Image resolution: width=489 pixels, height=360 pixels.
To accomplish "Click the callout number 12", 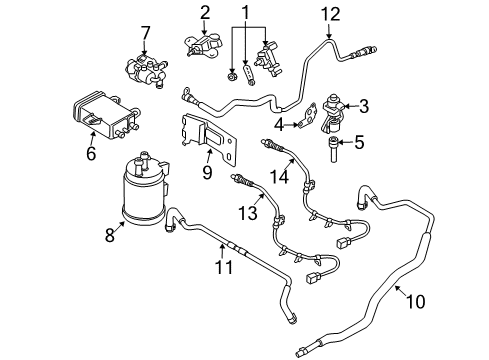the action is (x=330, y=14).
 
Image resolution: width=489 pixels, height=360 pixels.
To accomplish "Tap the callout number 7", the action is (x=145, y=33).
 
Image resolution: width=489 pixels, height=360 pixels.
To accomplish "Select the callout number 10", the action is (x=415, y=302).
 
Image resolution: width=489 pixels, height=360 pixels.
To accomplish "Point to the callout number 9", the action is (x=207, y=172).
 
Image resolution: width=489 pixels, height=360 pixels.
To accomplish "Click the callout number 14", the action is (x=279, y=176).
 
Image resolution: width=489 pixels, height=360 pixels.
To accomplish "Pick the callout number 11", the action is (x=224, y=267).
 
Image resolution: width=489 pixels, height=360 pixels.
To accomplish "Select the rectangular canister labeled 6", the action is (x=105, y=114).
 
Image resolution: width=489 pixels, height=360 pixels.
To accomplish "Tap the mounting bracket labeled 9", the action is (x=209, y=139).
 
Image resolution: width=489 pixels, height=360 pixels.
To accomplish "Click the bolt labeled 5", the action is (x=333, y=149).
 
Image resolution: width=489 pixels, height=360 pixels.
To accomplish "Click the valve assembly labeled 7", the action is (x=146, y=71).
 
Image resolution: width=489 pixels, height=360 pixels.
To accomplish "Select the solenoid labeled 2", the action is (x=204, y=45).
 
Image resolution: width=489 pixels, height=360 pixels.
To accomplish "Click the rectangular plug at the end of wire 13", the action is (x=312, y=277).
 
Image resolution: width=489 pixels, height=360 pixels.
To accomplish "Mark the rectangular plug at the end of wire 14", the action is (x=343, y=242).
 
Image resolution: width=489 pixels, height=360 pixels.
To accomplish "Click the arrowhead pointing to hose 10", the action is (x=397, y=288).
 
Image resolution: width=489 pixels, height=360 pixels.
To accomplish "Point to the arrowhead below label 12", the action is (x=329, y=36).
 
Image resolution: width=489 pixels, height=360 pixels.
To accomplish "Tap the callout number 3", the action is (x=364, y=106).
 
